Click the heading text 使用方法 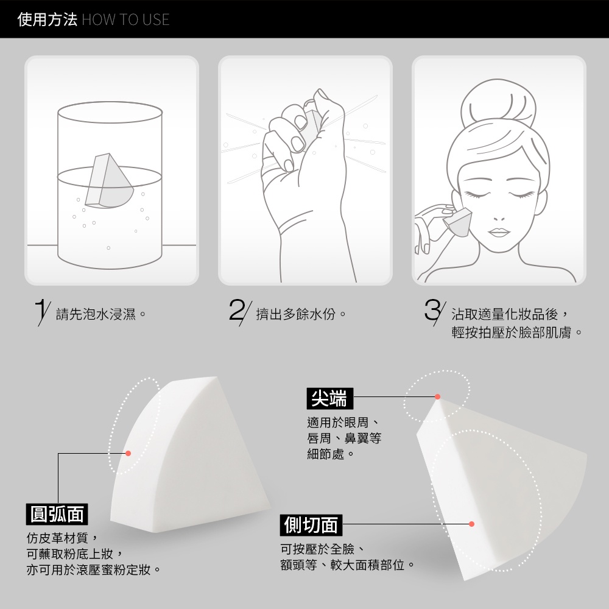(x=48, y=19)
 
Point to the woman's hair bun (x=498, y=103)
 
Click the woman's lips (x=499, y=232)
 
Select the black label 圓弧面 (x=57, y=514)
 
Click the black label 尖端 (x=329, y=398)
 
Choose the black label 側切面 (x=311, y=525)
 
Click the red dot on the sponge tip (x=438, y=396)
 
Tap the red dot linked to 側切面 (x=471, y=524)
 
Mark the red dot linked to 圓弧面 (x=128, y=453)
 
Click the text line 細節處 (x=330, y=454)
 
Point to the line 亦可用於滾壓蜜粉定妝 (x=93, y=570)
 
